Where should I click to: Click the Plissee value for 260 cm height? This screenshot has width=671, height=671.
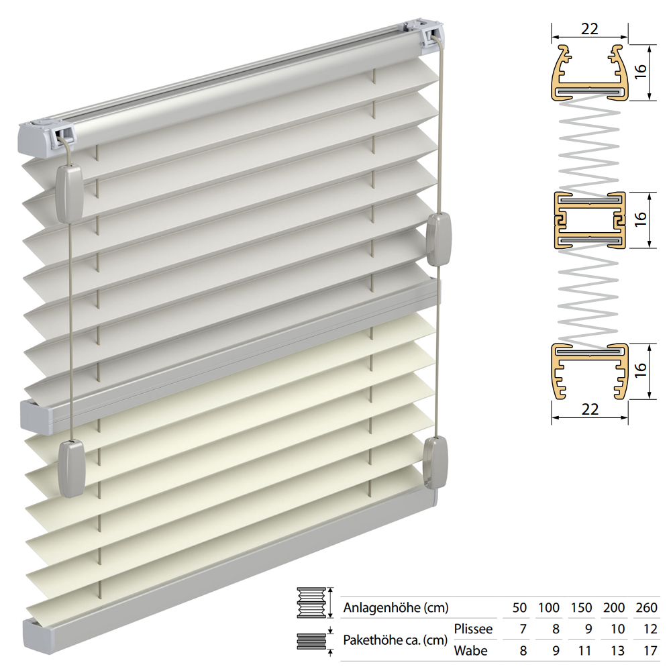[x=650, y=629]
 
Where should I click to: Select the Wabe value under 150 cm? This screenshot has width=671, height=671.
[x=584, y=650]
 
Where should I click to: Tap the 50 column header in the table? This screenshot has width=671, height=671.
[x=519, y=608]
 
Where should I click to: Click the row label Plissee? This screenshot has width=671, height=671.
[x=473, y=629]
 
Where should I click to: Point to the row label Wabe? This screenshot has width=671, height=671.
[x=471, y=650]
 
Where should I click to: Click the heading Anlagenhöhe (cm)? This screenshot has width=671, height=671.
[x=396, y=608]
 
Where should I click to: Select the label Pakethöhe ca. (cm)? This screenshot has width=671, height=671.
[x=395, y=640]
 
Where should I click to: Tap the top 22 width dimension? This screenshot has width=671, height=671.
[x=589, y=29]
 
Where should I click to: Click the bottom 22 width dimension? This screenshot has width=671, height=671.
[x=590, y=409]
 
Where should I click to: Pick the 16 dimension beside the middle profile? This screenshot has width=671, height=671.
[x=640, y=219]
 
